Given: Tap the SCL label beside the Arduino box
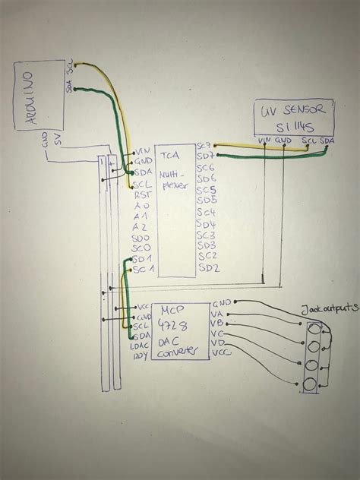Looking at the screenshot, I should tap(71, 68).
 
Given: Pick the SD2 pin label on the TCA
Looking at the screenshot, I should tap(209, 268).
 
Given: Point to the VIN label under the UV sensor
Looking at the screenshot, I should tap(264, 141).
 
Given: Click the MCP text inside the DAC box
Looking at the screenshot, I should tap(173, 311).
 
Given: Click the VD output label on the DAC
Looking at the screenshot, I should tap(217, 342).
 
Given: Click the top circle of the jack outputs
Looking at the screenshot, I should tap(311, 329).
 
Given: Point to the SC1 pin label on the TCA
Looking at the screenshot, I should tap(144, 270).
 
